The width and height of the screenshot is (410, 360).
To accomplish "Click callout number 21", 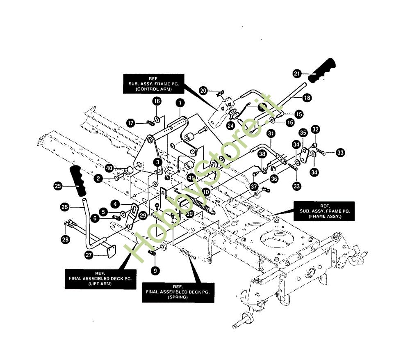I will pos(297,74).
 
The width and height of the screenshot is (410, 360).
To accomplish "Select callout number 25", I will pos(58,186).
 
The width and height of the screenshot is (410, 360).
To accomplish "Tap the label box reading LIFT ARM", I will pos(100,279).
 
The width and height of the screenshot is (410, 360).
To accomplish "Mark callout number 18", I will pos(307,98).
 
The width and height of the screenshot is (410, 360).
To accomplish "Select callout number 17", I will pos(130,123).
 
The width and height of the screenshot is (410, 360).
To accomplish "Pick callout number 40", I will pos(109,168).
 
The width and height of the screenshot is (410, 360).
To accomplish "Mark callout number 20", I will pos(204,91).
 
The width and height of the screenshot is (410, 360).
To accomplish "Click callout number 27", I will pos(88,255).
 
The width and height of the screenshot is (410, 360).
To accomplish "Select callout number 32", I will pos(315,129).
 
